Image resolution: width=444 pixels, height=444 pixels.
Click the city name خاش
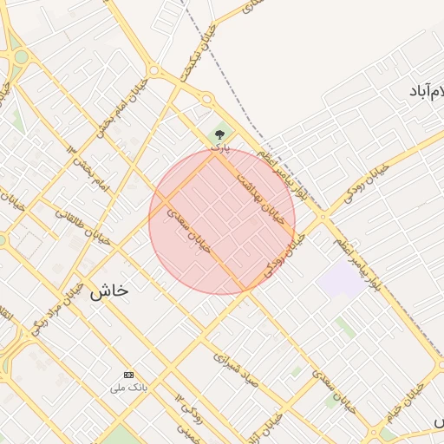(x=108, y=291)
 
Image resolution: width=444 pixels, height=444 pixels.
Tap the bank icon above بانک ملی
(x=130, y=375)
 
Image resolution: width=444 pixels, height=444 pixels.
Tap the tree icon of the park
(x=219, y=134)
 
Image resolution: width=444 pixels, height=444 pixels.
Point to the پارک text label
(x=222, y=148)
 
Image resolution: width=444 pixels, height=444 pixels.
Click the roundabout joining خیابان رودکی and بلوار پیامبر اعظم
(x=323, y=217)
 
